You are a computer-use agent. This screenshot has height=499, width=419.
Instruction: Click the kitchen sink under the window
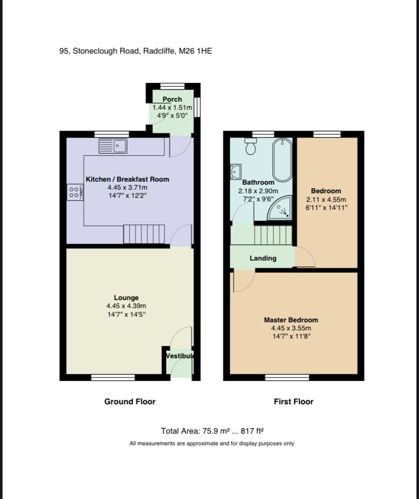click(x=113, y=146)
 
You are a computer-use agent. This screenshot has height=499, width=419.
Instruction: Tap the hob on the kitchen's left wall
click(x=73, y=191)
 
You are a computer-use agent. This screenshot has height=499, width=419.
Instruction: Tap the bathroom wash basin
click(x=236, y=172)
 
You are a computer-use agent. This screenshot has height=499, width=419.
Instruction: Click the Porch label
click(x=172, y=99)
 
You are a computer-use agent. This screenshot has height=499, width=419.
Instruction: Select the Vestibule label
click(x=180, y=356)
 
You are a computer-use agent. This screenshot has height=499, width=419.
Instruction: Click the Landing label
click(x=263, y=258)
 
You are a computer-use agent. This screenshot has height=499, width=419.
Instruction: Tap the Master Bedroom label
click(x=291, y=320)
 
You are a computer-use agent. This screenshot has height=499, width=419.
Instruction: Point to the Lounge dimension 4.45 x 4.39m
click(x=126, y=306)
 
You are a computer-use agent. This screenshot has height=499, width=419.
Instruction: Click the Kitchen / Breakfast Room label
click(x=128, y=179)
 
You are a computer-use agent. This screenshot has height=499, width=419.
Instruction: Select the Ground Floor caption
click(x=130, y=401)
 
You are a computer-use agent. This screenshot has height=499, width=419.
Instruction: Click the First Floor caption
click(x=294, y=401)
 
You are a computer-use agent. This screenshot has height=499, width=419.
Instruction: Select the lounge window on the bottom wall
click(x=113, y=377)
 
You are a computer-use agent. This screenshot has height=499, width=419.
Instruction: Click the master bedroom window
click(x=287, y=377)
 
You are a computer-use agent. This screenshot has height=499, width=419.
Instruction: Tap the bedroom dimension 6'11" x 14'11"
click(x=326, y=207)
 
